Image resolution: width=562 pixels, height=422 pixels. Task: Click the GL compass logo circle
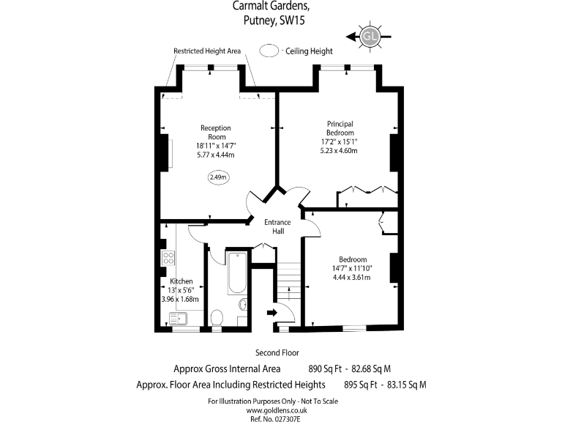pyautogui.click(x=370, y=36)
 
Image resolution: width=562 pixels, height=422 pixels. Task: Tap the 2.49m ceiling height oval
pyautogui.click(x=218, y=177)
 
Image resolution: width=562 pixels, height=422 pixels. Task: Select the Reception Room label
pyautogui.click(x=217, y=133)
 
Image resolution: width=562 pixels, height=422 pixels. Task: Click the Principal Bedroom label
pyautogui.click(x=340, y=127)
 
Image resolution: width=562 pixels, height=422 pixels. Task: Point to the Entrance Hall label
pyautogui.click(x=277, y=226)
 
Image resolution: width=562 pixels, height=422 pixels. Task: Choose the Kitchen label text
pyautogui.click(x=181, y=281)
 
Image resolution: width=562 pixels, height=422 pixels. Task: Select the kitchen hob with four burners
pyautogui.click(x=168, y=257)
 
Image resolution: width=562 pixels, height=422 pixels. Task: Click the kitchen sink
pyautogui.click(x=178, y=318)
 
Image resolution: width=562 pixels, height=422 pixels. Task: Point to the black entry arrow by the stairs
pyautogui.click(x=271, y=313)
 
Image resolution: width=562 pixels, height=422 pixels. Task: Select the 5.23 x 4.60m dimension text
pyautogui.click(x=344, y=150)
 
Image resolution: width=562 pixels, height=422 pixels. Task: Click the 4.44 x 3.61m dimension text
pyautogui.click(x=353, y=278)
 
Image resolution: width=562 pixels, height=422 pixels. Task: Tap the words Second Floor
pyautogui.click(x=277, y=353)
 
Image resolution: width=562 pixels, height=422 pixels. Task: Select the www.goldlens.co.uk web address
pyautogui.click(x=277, y=410)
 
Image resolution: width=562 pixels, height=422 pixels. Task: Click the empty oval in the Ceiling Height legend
pyautogui.click(x=270, y=51)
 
